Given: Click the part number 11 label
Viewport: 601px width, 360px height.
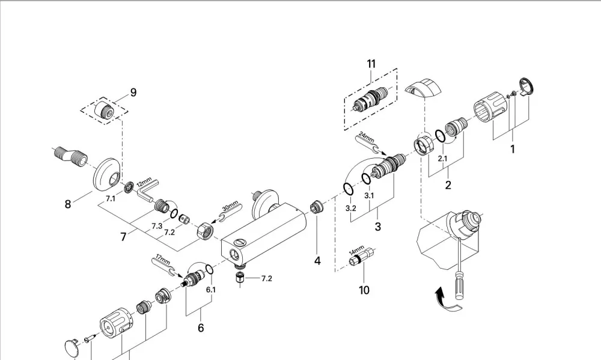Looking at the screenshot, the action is pos(371,64).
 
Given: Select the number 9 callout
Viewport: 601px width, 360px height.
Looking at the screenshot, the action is pos(133,93).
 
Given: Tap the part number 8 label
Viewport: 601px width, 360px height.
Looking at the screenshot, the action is pos(68,204).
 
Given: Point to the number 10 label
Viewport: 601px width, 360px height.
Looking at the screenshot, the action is pos(364,290).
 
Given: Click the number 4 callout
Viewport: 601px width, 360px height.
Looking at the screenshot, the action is pos(317,261).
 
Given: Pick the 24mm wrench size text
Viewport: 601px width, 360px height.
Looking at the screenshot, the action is pos(367,138).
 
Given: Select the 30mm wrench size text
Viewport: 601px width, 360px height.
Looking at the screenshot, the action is pos(230,206).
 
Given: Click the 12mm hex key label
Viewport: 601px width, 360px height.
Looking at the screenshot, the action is pos(144,183).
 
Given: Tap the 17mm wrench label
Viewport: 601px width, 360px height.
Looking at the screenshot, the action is pos(162,259).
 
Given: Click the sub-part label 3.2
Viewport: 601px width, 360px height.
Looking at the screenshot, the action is pos(351,208).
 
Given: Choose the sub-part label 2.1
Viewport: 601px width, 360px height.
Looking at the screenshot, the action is pos(443,158).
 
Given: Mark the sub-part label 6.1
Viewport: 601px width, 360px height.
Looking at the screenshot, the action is pos(211,290).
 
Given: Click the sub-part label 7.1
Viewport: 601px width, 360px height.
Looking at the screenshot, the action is pos(111,198).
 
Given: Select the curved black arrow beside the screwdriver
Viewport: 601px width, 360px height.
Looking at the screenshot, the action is pos(447,301).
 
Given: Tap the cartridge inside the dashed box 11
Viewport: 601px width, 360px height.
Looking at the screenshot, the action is pos(370,99).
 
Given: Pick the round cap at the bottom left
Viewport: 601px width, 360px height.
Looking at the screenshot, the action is pos(72,347).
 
